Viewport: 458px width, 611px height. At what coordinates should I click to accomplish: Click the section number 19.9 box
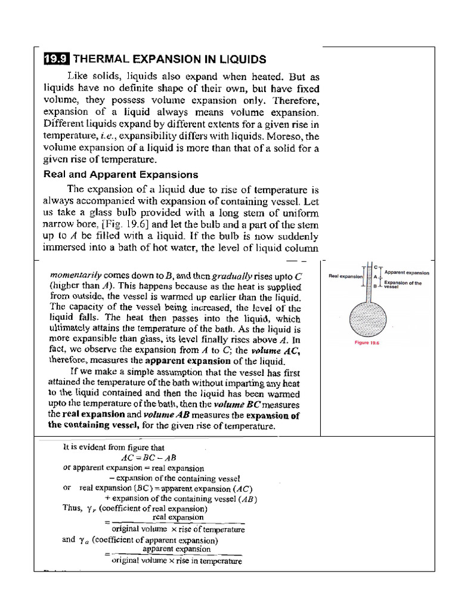(x=57, y=59)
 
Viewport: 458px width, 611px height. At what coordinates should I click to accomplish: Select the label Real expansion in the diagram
(x=345, y=276)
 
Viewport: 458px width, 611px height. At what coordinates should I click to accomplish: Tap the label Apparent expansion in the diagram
(x=407, y=272)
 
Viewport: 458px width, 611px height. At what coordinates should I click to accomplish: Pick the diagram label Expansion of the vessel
(x=403, y=284)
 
